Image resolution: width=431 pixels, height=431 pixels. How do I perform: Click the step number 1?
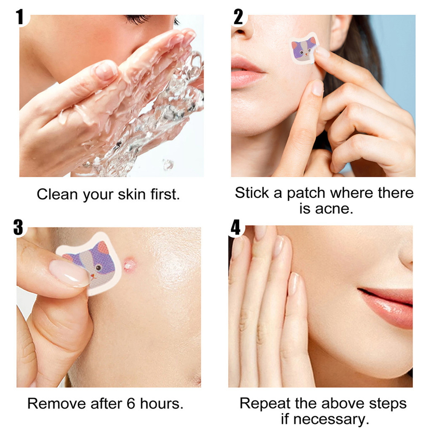coord(19,16)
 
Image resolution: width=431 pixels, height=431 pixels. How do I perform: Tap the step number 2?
coord(238,16)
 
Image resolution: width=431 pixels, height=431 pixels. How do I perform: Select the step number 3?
coord(18,227)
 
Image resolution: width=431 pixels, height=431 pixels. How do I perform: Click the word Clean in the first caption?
coord(57,194)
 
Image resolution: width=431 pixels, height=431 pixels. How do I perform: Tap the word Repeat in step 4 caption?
coord(265,404)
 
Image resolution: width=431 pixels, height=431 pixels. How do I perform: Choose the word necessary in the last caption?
coord(331,420)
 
